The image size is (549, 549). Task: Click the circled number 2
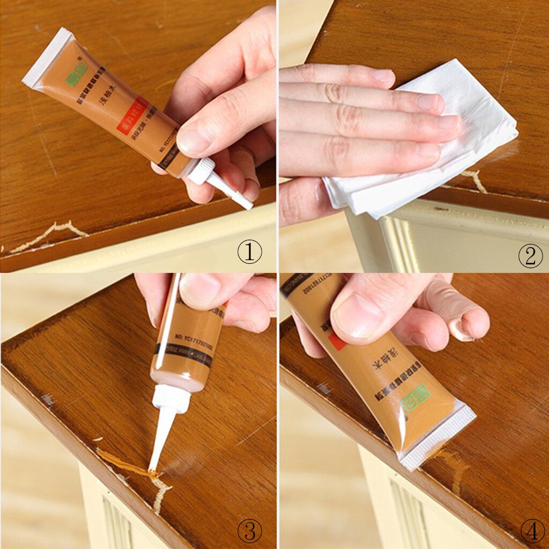(530, 257)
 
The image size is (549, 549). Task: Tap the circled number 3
(249, 530)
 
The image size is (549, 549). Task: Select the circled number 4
(532, 531)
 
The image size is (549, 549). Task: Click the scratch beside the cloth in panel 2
(474, 180)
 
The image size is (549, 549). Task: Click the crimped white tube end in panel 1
(46, 56)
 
